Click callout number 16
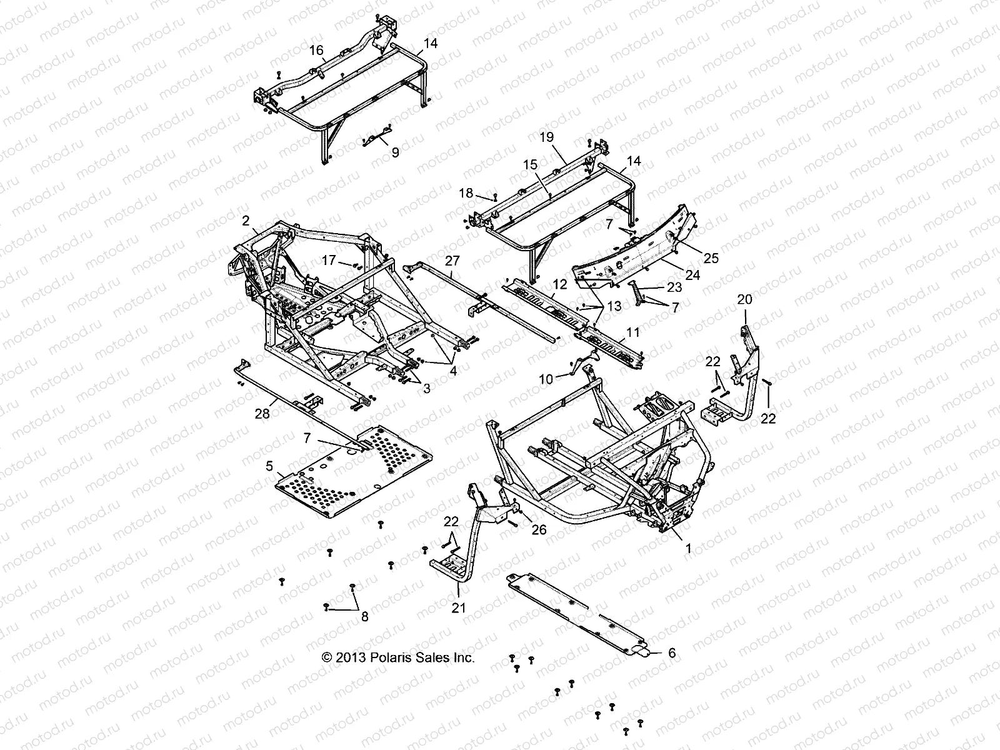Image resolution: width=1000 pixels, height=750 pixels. [x=317, y=49]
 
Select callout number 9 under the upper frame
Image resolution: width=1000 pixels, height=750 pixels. [x=394, y=152]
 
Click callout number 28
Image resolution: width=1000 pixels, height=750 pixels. [x=259, y=413]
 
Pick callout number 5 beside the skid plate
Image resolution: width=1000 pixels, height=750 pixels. [x=269, y=466]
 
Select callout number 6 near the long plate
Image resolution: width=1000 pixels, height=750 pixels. [x=672, y=653]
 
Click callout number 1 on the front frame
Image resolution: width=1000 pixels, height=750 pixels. [x=688, y=549]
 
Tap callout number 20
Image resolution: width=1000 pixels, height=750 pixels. [x=744, y=299]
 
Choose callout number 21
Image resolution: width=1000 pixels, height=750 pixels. [x=459, y=607]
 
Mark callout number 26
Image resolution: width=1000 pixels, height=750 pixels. [x=538, y=530]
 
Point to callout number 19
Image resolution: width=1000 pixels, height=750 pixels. [x=547, y=137]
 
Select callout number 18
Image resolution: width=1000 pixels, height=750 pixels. [x=466, y=193]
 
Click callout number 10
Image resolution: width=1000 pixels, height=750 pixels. [x=546, y=379]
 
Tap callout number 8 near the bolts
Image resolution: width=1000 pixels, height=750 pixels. [x=364, y=616]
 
